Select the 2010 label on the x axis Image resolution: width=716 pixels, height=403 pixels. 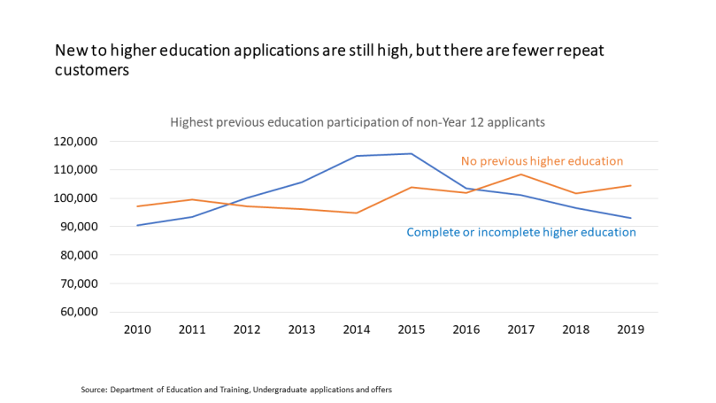tap(137, 329)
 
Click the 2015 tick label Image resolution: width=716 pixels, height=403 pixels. tap(412, 329)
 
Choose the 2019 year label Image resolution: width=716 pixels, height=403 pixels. tap(631, 329)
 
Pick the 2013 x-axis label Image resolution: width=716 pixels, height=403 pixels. tap(302, 329)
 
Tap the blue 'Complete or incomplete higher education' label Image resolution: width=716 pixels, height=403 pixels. tap(521, 232)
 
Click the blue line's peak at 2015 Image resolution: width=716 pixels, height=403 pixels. tap(412, 153)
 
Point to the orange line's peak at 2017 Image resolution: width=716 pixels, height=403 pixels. tap(521, 174)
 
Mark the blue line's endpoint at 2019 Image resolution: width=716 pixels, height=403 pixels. tap(631, 218)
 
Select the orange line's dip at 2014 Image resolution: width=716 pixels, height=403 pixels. tap(357, 213)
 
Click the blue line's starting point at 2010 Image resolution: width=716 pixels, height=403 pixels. tap(137, 225)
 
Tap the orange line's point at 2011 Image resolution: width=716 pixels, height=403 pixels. tap(192, 199)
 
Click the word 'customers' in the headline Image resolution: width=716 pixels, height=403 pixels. tap(92, 71)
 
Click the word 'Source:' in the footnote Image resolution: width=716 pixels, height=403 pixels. tap(93, 389)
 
